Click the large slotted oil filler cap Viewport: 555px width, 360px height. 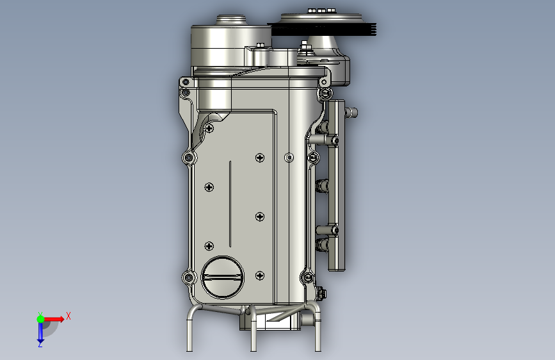coord(223,277)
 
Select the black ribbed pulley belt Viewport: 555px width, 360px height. coord(322,29)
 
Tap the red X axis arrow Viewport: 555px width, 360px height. coord(54,319)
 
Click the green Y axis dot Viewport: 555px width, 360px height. coord(40,319)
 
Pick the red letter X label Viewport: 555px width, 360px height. coord(68,316)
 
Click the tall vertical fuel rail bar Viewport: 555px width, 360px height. coord(336,185)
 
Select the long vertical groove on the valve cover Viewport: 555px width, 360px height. coord(230,204)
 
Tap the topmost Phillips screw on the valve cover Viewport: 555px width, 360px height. coord(209,128)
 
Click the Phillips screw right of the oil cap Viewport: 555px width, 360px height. coord(260,275)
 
